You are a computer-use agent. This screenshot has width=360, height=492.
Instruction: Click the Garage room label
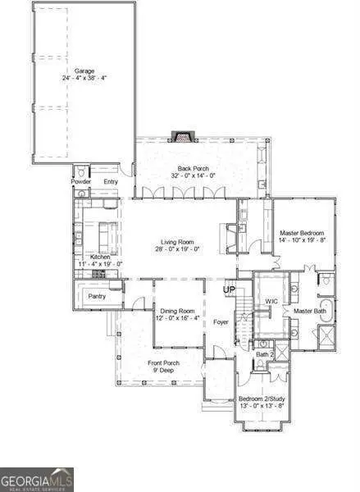click(84, 71)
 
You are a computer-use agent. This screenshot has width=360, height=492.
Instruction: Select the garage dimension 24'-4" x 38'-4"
click(84, 79)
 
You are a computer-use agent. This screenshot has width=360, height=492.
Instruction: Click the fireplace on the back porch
click(180, 136)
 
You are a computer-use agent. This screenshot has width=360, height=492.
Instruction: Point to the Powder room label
click(80, 181)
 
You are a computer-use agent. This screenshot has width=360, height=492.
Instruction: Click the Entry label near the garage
click(111, 181)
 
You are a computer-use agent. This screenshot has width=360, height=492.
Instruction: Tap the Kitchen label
click(100, 257)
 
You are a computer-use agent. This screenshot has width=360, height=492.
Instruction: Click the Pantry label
click(97, 296)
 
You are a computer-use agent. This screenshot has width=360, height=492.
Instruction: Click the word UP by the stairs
click(230, 289)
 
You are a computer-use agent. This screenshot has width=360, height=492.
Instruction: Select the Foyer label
click(221, 322)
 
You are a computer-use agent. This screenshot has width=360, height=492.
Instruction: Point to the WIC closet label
click(271, 301)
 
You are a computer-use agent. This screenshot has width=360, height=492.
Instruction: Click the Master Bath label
click(311, 312)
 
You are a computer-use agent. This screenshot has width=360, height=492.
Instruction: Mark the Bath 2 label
click(264, 354)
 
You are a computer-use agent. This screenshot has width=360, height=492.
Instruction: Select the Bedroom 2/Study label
click(262, 398)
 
